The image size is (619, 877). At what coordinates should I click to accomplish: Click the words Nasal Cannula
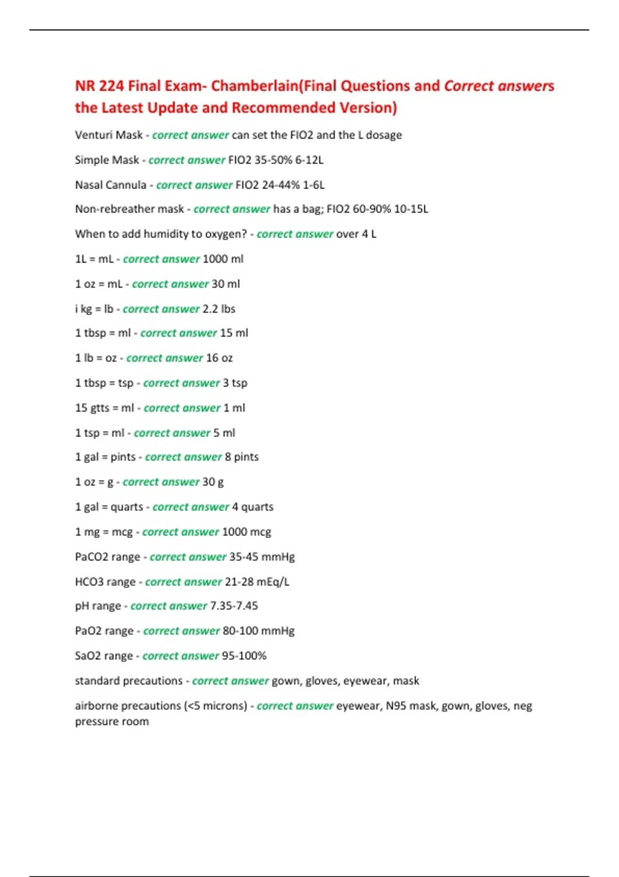[x=110, y=185]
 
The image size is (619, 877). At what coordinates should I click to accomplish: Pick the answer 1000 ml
[x=223, y=258]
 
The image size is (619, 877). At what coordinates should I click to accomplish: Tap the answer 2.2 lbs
[x=219, y=308]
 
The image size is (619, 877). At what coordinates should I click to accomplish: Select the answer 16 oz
[x=219, y=358]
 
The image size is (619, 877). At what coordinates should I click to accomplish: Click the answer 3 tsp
[x=235, y=383]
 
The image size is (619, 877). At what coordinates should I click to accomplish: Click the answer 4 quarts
[x=253, y=507]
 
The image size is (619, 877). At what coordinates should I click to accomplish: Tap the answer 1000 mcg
[x=246, y=531]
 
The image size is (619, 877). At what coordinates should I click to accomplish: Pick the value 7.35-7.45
[x=234, y=606]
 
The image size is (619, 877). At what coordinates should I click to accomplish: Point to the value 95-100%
[x=244, y=656]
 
